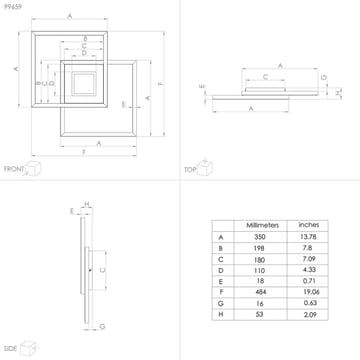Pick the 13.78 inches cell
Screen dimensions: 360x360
click(309, 237)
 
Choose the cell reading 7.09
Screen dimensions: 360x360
click(309, 260)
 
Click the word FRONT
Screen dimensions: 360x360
click(13, 170)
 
